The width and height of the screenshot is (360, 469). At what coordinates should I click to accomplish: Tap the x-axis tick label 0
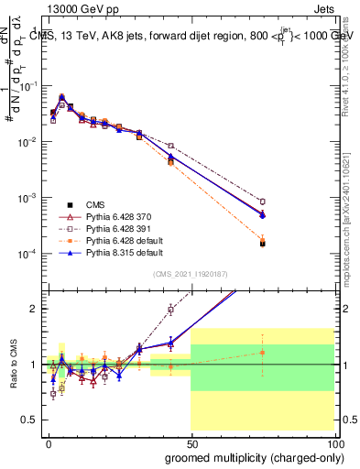pyautogui.click(x=48, y=442)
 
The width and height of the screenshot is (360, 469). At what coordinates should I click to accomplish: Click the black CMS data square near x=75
pyautogui.click(x=262, y=244)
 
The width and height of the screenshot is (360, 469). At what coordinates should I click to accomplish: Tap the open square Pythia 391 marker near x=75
pyautogui.click(x=262, y=202)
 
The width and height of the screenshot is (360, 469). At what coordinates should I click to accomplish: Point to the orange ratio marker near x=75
pyautogui.click(x=262, y=353)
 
